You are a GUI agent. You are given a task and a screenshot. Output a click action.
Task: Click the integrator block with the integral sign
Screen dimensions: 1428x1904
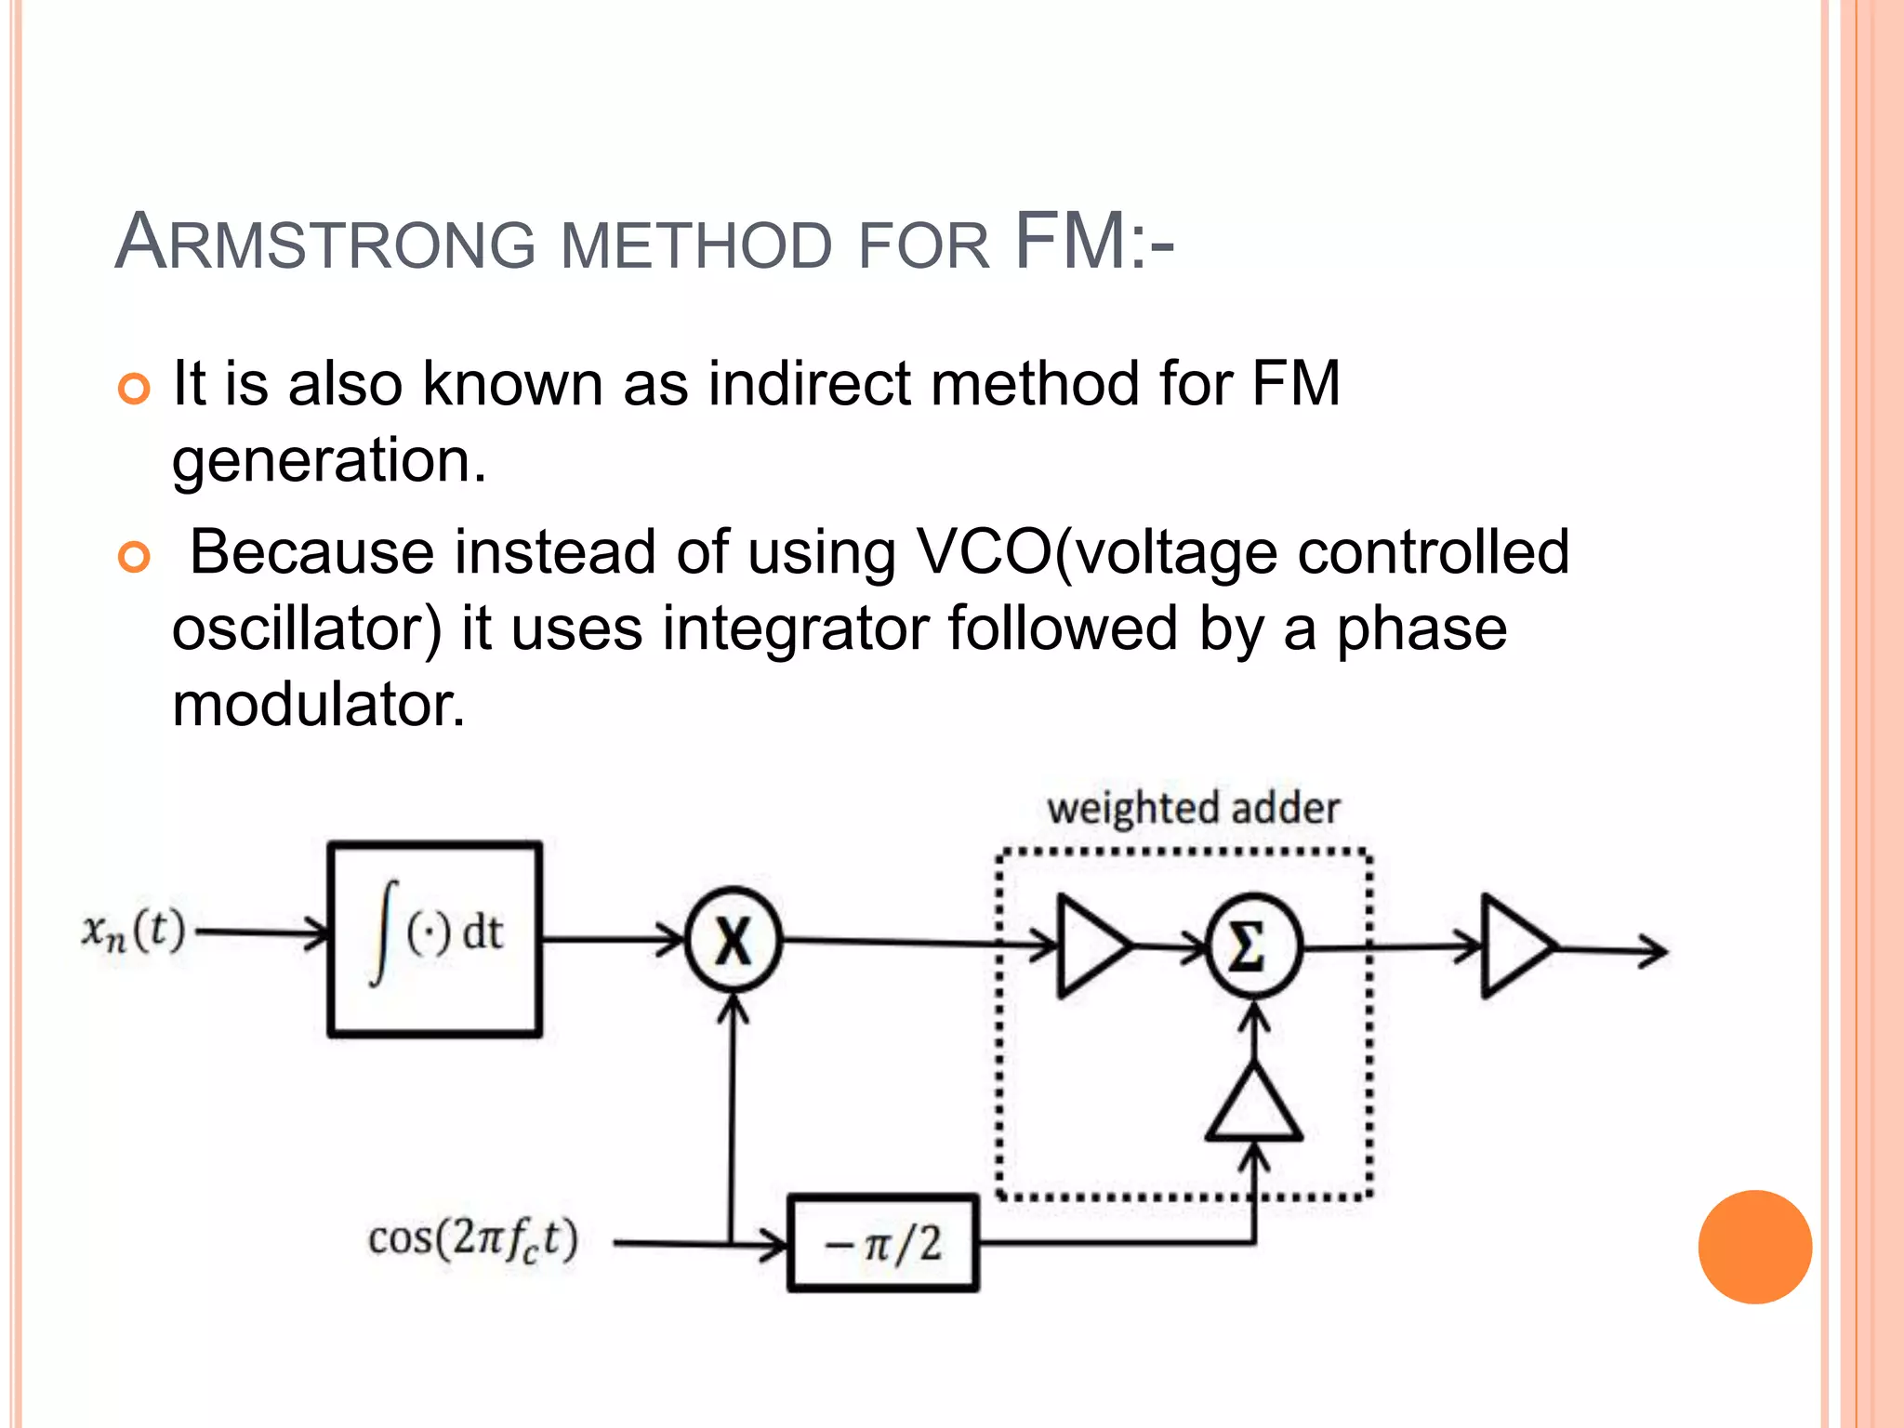click(435, 938)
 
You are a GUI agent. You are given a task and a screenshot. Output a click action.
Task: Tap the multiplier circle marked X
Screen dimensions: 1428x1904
click(734, 941)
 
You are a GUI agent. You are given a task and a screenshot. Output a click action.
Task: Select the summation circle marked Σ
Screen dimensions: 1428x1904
click(1253, 947)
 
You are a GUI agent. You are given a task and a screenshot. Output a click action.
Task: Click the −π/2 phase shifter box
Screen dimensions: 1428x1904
click(882, 1243)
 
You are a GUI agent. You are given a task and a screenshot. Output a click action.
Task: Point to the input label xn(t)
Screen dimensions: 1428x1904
click(134, 931)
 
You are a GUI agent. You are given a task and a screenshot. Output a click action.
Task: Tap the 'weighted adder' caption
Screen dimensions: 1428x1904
click(1193, 808)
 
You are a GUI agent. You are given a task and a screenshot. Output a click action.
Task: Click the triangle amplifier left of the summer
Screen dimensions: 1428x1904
click(1090, 946)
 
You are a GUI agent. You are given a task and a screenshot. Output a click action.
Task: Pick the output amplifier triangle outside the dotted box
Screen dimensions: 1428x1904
click(1514, 947)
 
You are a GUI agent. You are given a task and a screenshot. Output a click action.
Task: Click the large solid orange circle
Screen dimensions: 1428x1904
click(1754, 1247)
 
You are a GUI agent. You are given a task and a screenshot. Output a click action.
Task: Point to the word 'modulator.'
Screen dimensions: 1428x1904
click(319, 705)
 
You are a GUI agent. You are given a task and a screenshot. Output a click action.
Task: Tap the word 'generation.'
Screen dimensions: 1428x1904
click(329, 460)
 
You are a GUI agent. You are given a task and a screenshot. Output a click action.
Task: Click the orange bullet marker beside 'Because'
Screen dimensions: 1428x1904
click(135, 558)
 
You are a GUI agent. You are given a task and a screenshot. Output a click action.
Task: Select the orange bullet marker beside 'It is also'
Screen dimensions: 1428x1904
click(135, 389)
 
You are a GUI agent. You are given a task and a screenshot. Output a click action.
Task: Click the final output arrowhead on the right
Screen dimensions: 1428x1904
click(1655, 950)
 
